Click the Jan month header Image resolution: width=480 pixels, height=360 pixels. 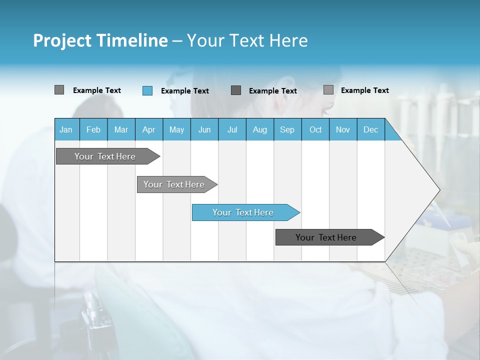pyautogui.click(x=66, y=129)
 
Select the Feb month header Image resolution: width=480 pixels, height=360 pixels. pyautogui.click(x=93, y=129)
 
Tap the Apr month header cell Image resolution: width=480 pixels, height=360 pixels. pyautogui.click(x=148, y=129)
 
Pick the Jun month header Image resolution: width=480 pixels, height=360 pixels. pyautogui.click(x=204, y=129)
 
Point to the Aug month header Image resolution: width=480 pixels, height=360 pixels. pyautogui.click(x=259, y=129)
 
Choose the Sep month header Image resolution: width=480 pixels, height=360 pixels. pyautogui.click(x=287, y=129)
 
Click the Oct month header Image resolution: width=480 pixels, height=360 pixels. pyautogui.click(x=315, y=129)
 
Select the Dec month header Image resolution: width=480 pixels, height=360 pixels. pyautogui.click(x=370, y=129)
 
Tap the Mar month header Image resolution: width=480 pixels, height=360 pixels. pyautogui.click(x=121, y=129)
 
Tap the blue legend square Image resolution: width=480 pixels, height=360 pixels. pyautogui.click(x=147, y=90)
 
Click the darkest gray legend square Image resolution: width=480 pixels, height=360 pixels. pyautogui.click(x=236, y=90)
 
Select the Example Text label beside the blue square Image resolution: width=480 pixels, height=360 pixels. pyautogui.click(x=185, y=91)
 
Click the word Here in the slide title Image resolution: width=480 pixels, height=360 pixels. pyautogui.click(x=289, y=40)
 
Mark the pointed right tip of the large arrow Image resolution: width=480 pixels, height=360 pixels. pyautogui.click(x=439, y=189)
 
